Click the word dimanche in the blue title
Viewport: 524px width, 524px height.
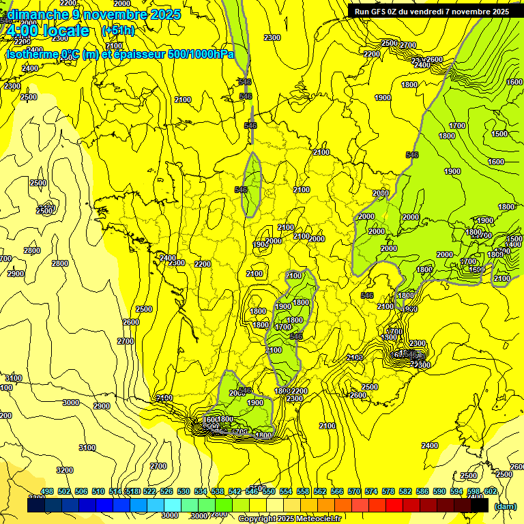38,14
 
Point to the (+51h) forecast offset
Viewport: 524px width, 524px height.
118,31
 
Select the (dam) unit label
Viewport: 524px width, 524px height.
505,506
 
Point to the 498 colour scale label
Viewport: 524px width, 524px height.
47,492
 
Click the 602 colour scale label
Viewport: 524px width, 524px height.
491,492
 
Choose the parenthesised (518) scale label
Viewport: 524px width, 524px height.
132,492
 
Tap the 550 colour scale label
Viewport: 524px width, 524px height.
269,492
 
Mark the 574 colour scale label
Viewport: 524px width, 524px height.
371,492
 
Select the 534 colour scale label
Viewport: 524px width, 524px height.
201,492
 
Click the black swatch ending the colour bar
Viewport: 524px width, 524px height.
480,506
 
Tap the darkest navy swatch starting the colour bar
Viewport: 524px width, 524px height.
35,506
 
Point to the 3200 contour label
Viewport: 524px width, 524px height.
65,470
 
